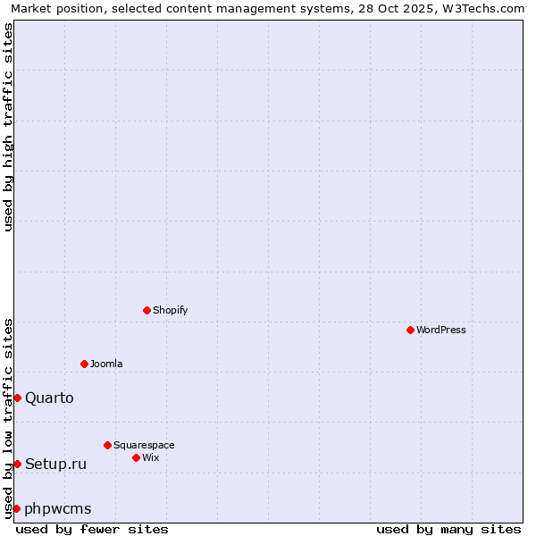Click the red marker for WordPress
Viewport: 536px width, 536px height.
point(410,330)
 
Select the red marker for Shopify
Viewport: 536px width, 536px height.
point(147,310)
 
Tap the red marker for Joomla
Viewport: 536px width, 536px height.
point(84,364)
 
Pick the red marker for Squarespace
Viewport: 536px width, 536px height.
point(107,445)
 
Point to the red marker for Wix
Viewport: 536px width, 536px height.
point(136,457)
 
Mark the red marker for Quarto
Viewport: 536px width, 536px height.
point(17,398)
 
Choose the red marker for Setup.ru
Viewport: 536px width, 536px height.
point(17,464)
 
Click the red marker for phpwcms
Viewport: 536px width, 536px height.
point(16,508)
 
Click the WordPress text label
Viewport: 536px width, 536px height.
point(441,330)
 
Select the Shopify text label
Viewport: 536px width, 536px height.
point(171,310)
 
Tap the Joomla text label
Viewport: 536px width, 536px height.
point(106,364)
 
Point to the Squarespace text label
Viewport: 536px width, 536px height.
point(144,445)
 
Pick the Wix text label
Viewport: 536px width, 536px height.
point(150,457)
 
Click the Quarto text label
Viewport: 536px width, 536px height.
point(49,398)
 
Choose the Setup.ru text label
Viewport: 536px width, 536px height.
point(55,464)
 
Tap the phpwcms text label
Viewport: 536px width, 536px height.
point(58,508)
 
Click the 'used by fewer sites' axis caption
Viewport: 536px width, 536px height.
point(92,529)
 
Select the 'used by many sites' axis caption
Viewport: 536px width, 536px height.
point(448,529)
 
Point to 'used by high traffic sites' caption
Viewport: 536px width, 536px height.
point(8,127)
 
